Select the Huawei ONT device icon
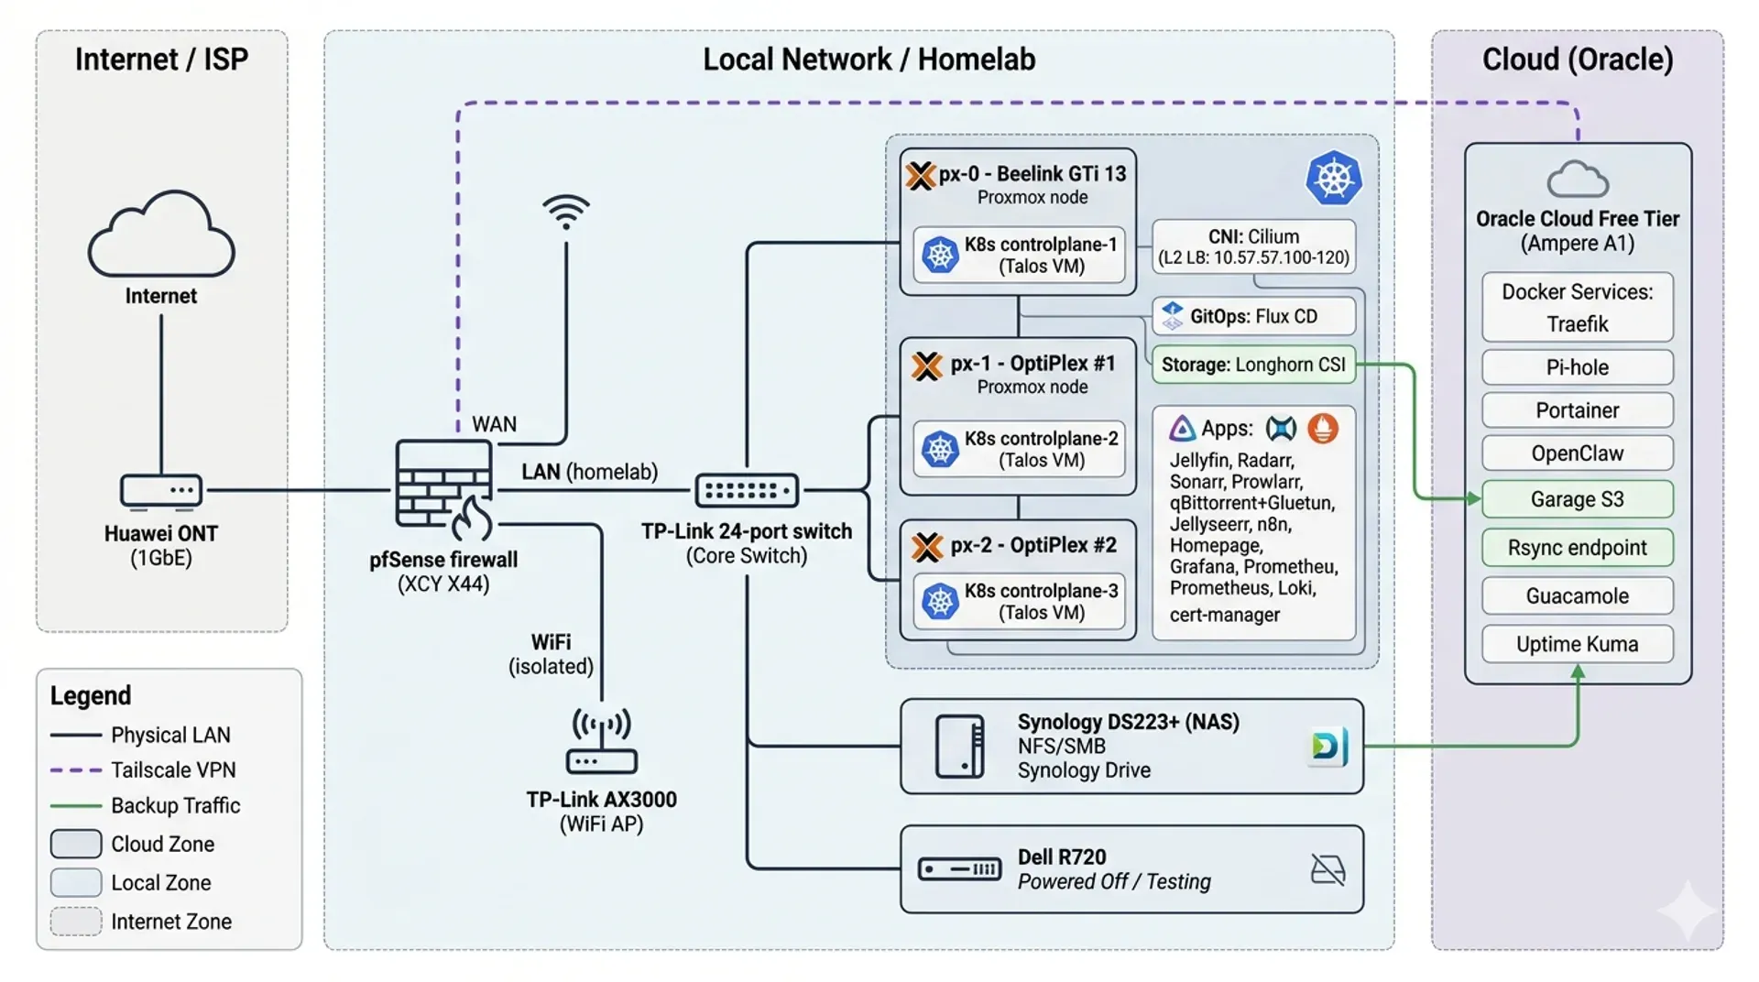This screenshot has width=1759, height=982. (161, 491)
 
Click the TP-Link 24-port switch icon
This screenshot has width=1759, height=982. (747, 491)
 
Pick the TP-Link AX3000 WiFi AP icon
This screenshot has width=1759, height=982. (601, 742)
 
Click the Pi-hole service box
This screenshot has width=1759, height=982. (1577, 367)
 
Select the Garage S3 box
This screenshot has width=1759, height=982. (1577, 499)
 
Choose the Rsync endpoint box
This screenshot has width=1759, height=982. (1577, 548)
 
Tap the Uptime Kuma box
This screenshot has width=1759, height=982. (1577, 644)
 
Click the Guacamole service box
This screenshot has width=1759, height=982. (1577, 596)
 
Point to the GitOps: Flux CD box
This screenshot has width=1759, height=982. (1253, 317)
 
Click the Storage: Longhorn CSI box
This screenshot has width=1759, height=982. (1253, 365)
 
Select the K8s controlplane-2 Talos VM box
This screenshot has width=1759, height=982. (1019, 449)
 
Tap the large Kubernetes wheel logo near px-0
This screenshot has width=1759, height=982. (1333, 178)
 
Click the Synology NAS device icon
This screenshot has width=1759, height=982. (959, 747)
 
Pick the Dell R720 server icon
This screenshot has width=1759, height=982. (959, 868)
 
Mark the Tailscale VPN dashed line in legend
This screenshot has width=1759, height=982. (75, 770)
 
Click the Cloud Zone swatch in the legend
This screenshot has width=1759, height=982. (75, 844)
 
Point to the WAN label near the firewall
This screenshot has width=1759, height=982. (494, 424)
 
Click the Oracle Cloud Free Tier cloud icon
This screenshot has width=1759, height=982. (1577, 180)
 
